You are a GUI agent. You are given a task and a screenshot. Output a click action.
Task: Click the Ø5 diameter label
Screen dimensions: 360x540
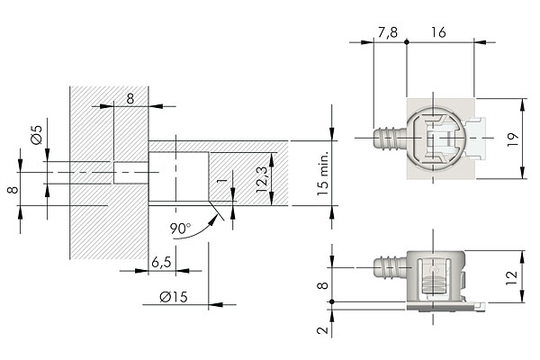[x=36, y=136]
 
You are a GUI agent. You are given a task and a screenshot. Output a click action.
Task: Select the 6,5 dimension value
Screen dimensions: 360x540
[x=162, y=262]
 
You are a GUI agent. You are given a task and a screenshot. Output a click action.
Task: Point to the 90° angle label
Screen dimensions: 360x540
[x=180, y=229]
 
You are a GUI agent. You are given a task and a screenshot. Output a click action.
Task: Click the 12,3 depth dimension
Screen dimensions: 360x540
[x=262, y=178]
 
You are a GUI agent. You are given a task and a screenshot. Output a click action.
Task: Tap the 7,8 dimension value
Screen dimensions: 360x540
[x=389, y=32]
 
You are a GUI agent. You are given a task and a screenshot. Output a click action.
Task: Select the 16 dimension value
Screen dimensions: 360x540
[x=439, y=32]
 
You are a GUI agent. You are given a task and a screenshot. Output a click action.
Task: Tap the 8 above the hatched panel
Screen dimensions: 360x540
[x=130, y=98]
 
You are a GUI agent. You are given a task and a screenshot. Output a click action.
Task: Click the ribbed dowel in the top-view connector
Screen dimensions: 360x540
[x=387, y=139]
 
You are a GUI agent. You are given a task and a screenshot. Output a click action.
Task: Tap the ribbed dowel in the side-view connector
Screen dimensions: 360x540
[x=387, y=267]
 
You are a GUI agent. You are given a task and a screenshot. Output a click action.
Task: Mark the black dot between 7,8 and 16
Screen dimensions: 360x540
[x=407, y=41]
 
